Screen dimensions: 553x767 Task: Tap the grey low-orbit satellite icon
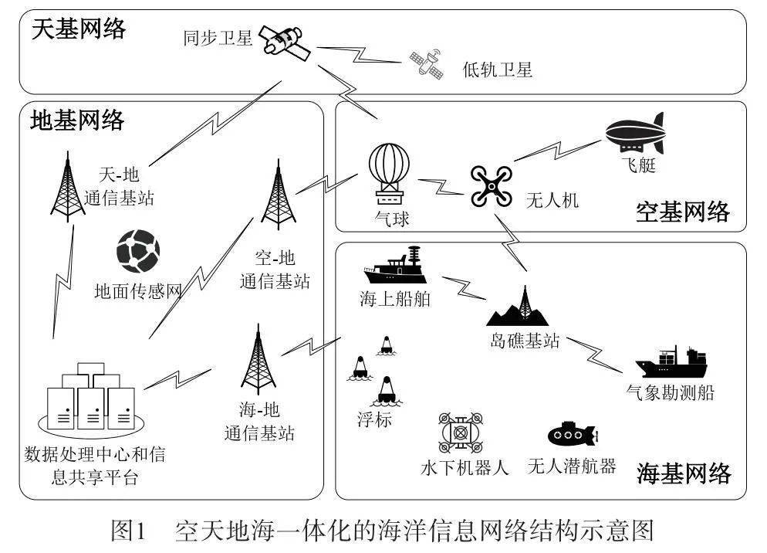pyautogui.click(x=427, y=64)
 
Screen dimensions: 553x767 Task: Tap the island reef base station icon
pyautogui.click(x=525, y=308)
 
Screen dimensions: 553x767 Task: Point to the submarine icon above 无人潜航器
pyautogui.click(x=572, y=435)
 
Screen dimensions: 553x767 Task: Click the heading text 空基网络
pyautogui.click(x=683, y=212)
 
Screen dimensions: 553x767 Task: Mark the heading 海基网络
pyautogui.click(x=683, y=473)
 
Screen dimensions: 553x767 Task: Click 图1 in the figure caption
pyautogui.click(x=129, y=532)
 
